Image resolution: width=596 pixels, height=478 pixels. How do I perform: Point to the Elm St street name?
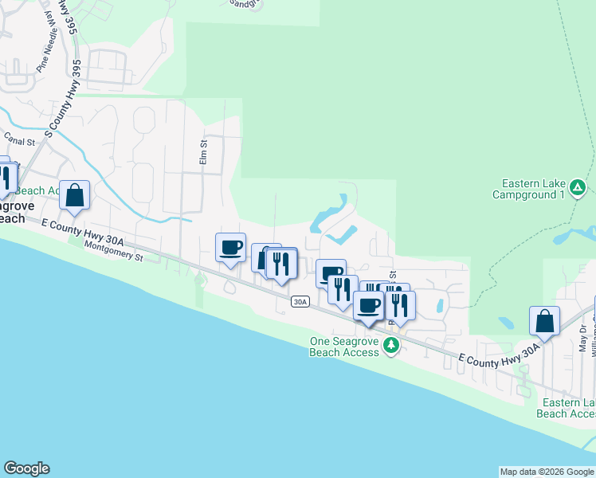(203, 153)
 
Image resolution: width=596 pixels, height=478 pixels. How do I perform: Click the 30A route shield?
(300, 301)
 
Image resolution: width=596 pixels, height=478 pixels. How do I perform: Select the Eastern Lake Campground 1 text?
(527, 189)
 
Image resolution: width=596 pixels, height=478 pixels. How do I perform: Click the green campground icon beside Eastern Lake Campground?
(579, 188)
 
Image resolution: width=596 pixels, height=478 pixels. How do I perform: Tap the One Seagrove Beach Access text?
(344, 347)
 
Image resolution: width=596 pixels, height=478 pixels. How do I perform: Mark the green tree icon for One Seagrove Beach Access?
(390, 345)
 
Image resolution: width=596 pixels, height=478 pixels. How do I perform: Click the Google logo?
(26, 468)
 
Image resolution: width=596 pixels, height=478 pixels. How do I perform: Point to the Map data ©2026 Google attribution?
(547, 472)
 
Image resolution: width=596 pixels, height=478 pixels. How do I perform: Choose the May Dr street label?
(583, 338)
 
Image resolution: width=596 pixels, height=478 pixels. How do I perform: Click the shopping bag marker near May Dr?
(544, 321)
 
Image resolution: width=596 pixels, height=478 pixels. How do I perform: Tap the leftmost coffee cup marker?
(231, 247)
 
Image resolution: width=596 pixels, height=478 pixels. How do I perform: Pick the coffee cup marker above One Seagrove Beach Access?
(368, 305)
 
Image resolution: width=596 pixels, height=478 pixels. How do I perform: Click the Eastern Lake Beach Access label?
(566, 408)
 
